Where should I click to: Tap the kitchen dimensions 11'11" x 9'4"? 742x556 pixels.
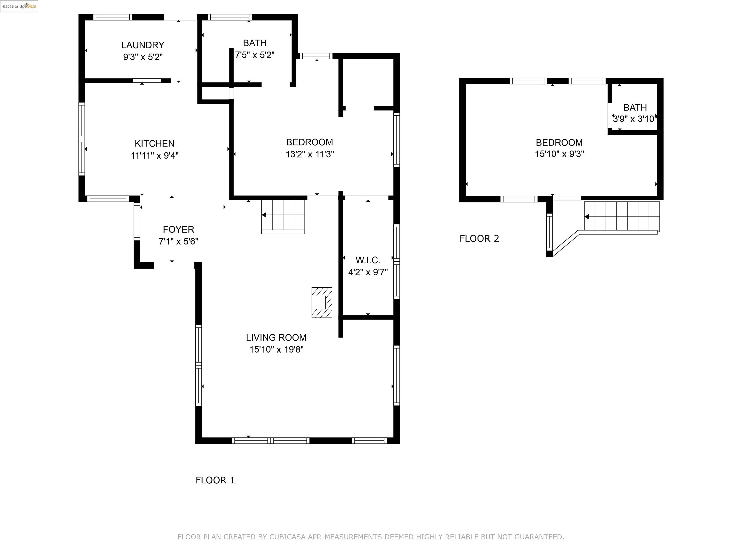[x=155, y=155]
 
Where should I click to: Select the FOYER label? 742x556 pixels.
[x=178, y=229]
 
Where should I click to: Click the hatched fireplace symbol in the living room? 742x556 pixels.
[x=322, y=302]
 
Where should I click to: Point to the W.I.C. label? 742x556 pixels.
[x=368, y=260]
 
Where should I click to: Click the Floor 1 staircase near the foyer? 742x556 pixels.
[x=283, y=216]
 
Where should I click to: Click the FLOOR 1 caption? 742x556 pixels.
[x=215, y=480]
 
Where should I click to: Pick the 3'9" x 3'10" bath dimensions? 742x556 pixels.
[x=634, y=119]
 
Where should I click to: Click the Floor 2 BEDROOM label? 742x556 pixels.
[x=559, y=142]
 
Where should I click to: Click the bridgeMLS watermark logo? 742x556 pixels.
[x=19, y=6]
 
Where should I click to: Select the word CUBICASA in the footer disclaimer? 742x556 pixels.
[x=287, y=537]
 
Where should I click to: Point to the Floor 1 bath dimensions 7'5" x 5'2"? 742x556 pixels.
[x=255, y=55]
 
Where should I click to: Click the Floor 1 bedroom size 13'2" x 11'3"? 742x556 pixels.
[x=310, y=154]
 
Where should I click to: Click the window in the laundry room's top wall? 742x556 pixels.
[x=113, y=17]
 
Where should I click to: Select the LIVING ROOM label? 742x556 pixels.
[x=276, y=338]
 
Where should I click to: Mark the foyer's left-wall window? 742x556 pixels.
[x=137, y=222]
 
